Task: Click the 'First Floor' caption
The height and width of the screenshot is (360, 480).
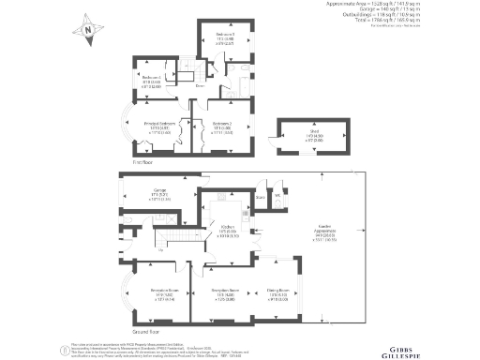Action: [x=142, y=161]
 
